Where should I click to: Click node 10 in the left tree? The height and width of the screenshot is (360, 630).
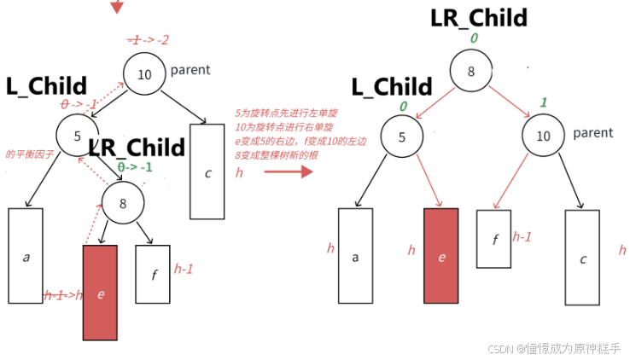pyautogui.click(x=144, y=74)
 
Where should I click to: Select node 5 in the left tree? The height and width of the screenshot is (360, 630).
pyautogui.click(x=77, y=134)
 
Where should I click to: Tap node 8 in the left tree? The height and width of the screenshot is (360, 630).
pyautogui.click(x=123, y=203)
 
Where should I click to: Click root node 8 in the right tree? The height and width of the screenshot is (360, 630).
pyautogui.click(x=470, y=72)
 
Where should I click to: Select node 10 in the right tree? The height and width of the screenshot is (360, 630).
pyautogui.click(x=544, y=136)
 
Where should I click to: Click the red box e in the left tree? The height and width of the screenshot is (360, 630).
pyautogui.click(x=100, y=293)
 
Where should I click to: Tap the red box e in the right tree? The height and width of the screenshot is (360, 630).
pyautogui.click(x=440, y=255)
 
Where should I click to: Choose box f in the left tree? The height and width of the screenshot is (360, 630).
pyautogui.click(x=153, y=274)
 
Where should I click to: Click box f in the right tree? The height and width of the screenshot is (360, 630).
pyautogui.click(x=493, y=238)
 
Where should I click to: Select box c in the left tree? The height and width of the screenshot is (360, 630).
pyautogui.click(x=207, y=171)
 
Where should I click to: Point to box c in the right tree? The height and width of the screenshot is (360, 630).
pyautogui.click(x=582, y=257)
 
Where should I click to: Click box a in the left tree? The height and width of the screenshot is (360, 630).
pyautogui.click(x=26, y=255)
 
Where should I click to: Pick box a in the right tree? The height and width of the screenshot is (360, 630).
pyautogui.click(x=355, y=255)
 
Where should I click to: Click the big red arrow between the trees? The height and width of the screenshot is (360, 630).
pyautogui.click(x=285, y=171)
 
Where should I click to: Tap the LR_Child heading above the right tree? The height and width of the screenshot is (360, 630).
pyautogui.click(x=479, y=17)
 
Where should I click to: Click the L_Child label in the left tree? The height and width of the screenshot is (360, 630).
pyautogui.click(x=46, y=85)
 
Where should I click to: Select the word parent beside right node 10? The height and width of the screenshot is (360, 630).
pyautogui.click(x=593, y=133)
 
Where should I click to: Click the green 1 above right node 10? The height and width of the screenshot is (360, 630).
pyautogui.click(x=543, y=102)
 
